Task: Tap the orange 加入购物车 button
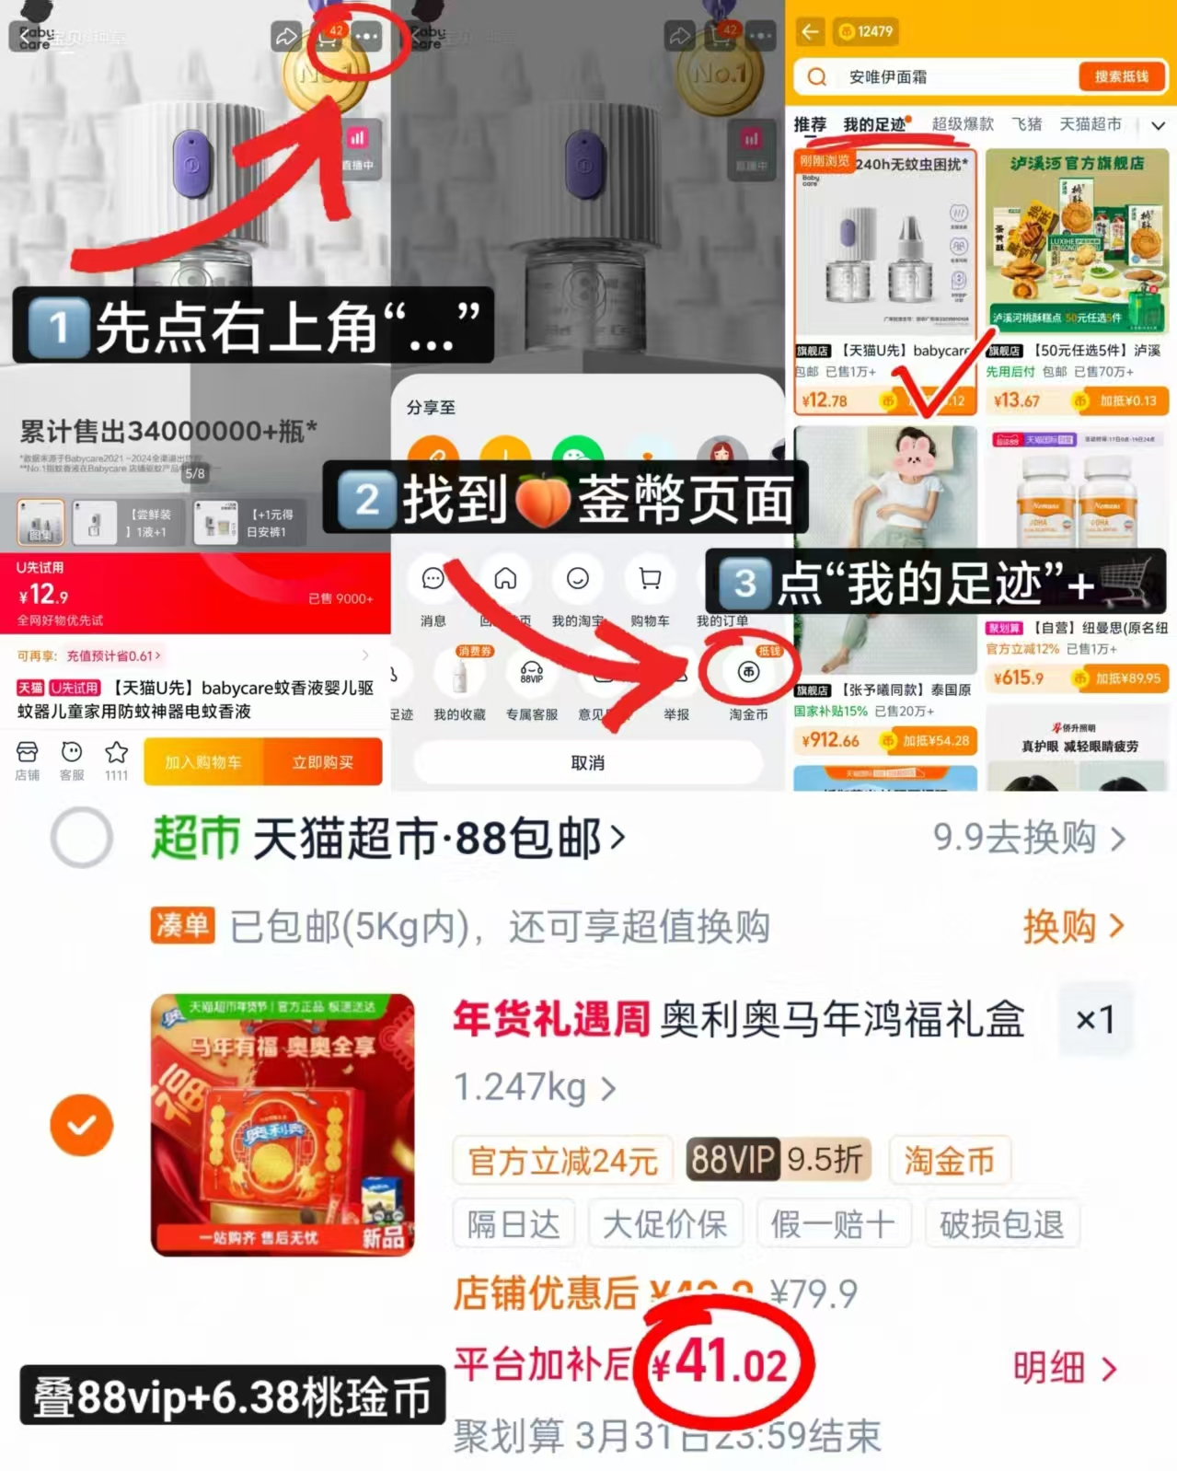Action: point(203,762)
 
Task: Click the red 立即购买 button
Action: point(322,762)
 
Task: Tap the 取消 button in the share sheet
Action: point(587,763)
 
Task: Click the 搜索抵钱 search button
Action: point(1121,76)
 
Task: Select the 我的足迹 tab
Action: point(874,124)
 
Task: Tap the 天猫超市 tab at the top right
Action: point(1090,124)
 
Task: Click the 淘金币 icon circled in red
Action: point(748,673)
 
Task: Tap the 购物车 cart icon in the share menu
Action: point(650,579)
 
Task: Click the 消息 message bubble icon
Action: point(433,579)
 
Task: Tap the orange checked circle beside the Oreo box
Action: point(82,1125)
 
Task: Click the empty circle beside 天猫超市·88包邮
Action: point(82,838)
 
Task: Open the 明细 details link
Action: point(1064,1369)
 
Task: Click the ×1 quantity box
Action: point(1095,1019)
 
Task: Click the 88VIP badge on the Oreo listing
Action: point(733,1160)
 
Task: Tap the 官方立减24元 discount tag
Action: point(562,1161)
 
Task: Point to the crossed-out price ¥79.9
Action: point(814,1293)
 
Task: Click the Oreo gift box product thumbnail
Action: point(283,1125)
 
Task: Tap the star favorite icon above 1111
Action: point(116,753)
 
